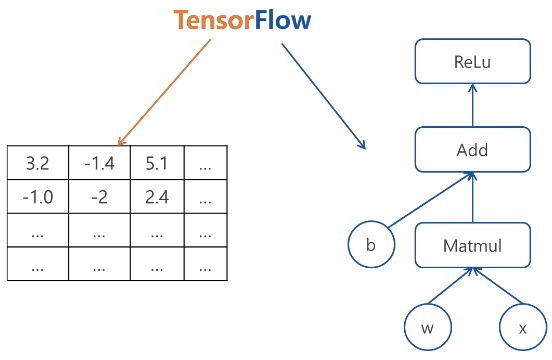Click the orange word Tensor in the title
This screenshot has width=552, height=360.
click(x=214, y=20)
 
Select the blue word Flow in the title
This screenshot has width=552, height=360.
click(x=283, y=20)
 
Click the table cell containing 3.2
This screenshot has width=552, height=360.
click(x=38, y=163)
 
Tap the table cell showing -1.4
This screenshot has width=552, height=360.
click(x=100, y=163)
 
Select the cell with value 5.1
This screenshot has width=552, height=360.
click(x=157, y=163)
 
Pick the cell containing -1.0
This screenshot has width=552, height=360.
click(x=38, y=196)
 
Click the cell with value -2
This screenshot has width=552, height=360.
click(x=100, y=196)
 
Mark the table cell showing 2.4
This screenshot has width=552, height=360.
click(x=157, y=196)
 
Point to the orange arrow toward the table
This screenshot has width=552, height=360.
click(x=164, y=92)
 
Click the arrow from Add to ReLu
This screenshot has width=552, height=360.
click(x=472, y=105)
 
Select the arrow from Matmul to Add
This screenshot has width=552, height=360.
click(x=472, y=197)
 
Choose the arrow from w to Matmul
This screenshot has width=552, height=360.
click(x=450, y=286)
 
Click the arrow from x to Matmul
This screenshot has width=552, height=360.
click(x=497, y=286)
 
